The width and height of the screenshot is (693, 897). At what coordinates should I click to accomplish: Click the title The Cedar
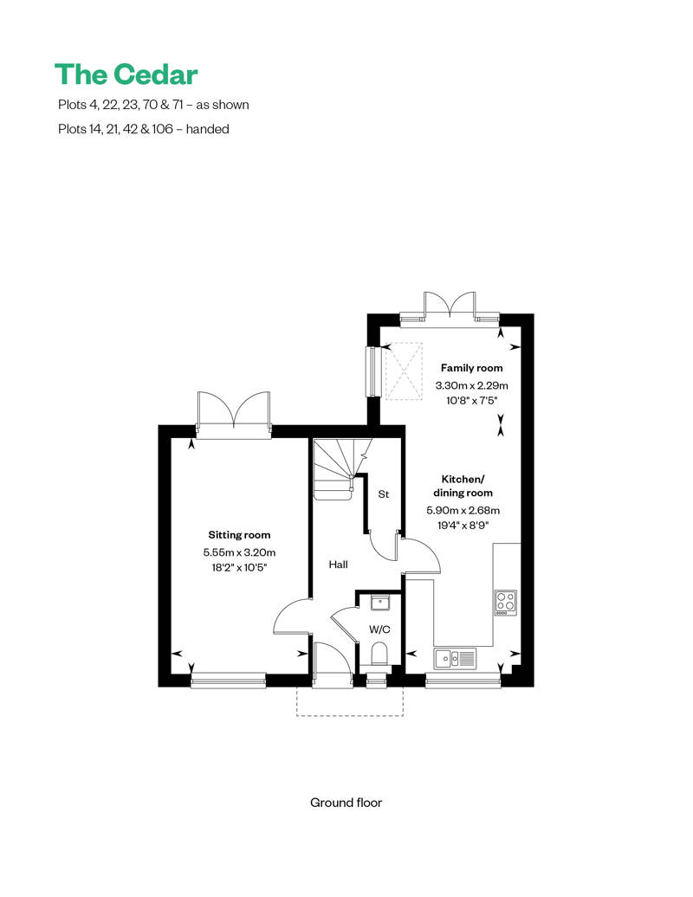tap(126, 74)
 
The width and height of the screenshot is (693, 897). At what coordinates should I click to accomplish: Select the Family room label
tap(471, 368)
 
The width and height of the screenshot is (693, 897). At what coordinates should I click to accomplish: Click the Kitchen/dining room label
tap(463, 486)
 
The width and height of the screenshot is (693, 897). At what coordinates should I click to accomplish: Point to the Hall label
tap(338, 565)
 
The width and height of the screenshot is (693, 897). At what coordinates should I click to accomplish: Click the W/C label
tap(380, 629)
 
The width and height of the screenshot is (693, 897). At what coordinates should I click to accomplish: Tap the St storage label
tap(383, 494)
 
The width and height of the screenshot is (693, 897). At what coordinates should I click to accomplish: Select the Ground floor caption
tap(346, 803)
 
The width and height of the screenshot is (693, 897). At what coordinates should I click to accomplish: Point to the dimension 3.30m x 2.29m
tap(471, 385)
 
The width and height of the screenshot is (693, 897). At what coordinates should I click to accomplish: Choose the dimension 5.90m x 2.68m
tap(463, 511)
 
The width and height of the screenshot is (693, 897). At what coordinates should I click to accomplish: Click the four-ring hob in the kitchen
tap(506, 601)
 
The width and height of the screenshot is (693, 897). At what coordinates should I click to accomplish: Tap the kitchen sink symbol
tap(456, 659)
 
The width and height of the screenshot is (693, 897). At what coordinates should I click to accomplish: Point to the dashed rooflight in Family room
tap(403, 371)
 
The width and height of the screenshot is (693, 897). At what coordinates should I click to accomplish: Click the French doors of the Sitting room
tap(235, 410)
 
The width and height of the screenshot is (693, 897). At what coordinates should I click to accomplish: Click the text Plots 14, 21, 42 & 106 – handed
tap(142, 129)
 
